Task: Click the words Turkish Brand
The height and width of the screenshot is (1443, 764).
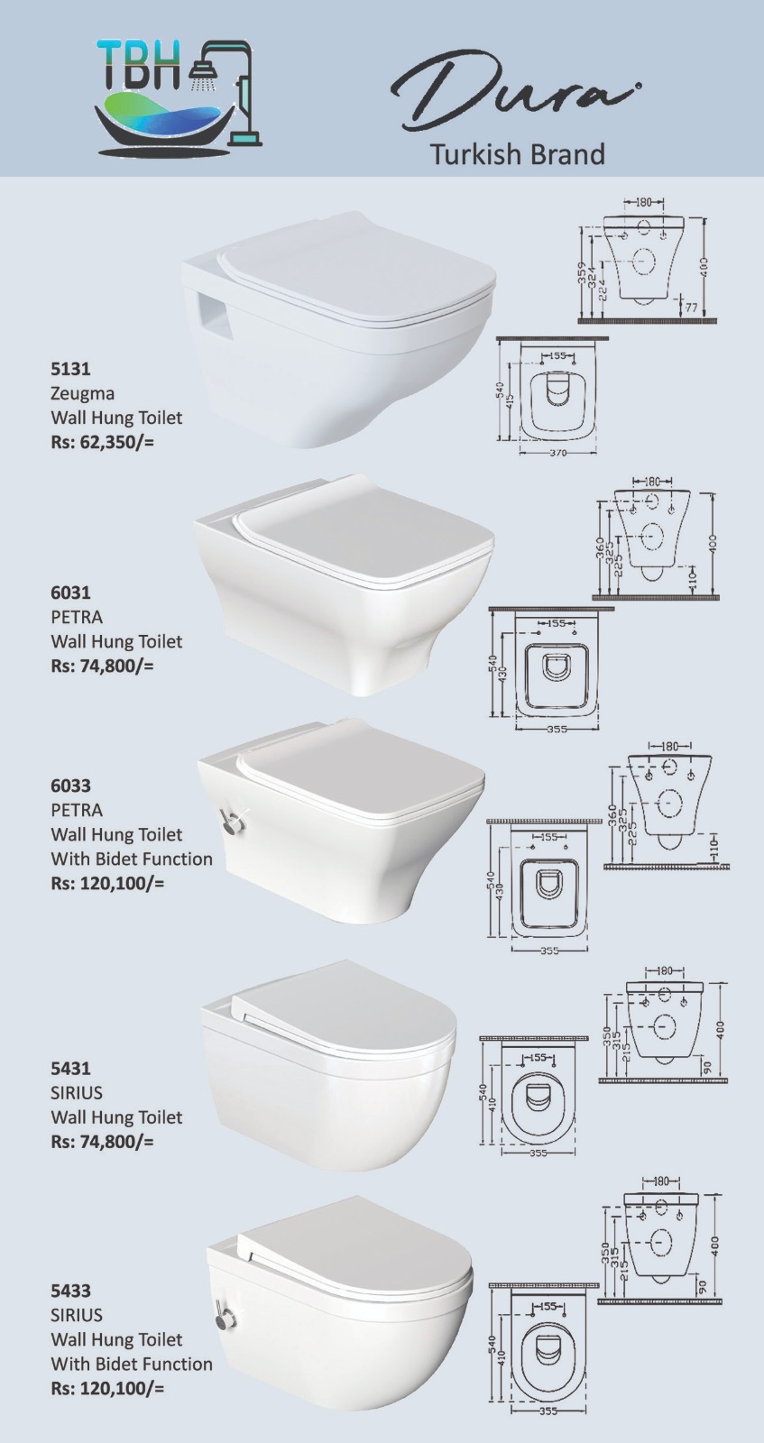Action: click(517, 154)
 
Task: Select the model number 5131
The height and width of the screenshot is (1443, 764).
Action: click(71, 369)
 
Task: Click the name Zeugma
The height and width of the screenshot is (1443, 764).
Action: click(82, 393)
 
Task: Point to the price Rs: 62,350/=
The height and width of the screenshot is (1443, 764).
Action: click(103, 443)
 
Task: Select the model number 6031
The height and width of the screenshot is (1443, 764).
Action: click(71, 593)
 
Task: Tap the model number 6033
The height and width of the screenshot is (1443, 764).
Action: click(71, 786)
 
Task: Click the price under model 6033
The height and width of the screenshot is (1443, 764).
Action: click(107, 883)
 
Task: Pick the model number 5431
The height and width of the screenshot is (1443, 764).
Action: click(71, 1069)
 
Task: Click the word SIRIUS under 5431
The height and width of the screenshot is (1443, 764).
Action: click(77, 1093)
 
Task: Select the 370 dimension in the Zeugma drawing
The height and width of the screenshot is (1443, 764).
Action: click(557, 453)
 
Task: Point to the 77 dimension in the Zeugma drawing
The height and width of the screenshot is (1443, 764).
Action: click(691, 308)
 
